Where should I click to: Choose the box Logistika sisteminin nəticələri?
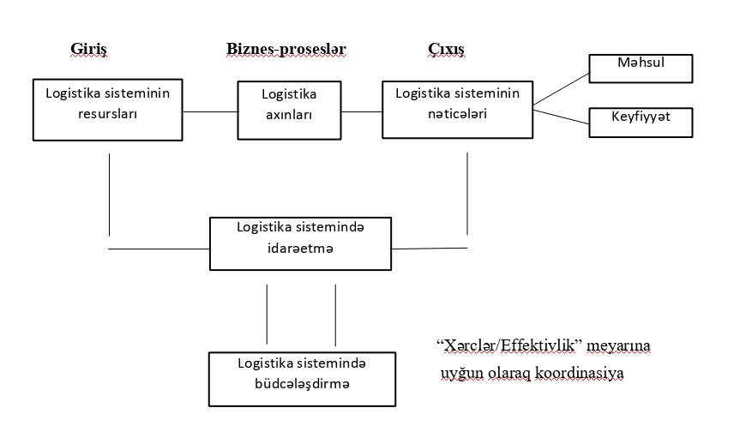click(456, 109)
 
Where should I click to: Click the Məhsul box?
click(641, 68)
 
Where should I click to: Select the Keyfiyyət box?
click(641, 122)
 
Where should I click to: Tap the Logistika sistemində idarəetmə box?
click(300, 243)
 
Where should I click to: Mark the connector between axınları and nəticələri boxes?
click(361, 111)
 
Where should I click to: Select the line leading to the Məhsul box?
click(561, 89)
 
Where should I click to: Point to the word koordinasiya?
click(584, 374)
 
